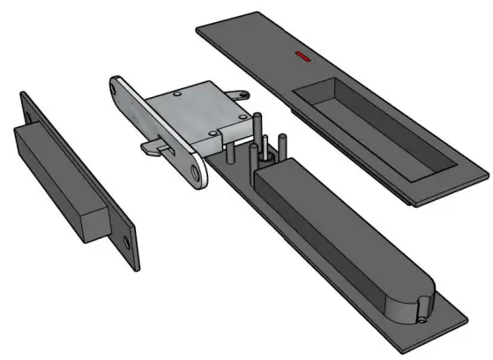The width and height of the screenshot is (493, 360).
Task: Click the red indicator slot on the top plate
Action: tap(303, 57)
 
